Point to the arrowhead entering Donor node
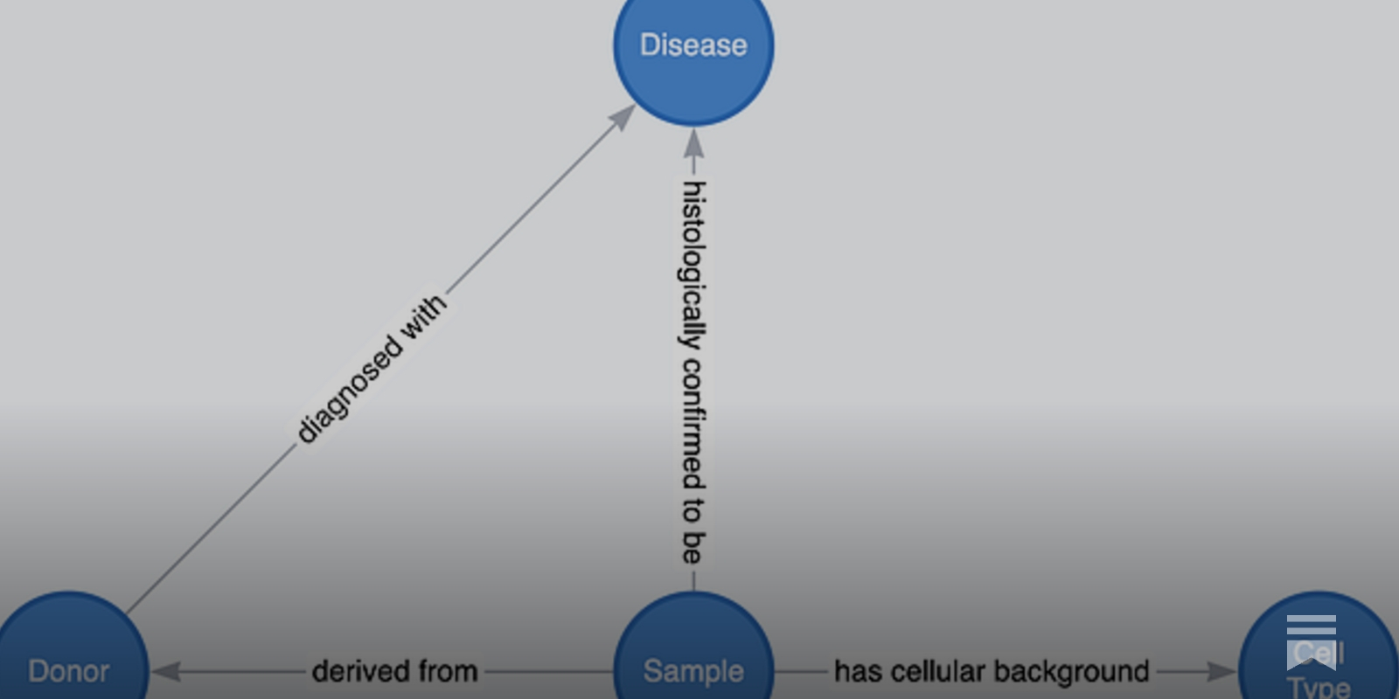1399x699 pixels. point(166,671)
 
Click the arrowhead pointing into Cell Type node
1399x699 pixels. point(1222,671)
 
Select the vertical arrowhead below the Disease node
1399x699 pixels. point(693,144)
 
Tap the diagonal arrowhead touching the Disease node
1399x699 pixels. point(623,116)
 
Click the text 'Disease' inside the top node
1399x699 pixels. point(693,45)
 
